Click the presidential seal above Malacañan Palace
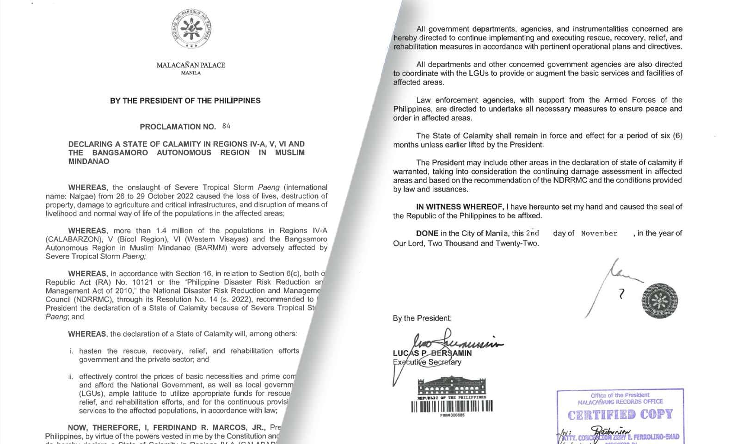(x=191, y=29)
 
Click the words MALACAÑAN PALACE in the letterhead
(x=190, y=65)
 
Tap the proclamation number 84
(x=226, y=126)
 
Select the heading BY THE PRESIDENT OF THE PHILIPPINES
(x=185, y=100)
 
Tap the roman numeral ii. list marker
(x=71, y=376)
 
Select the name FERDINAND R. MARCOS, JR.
(x=196, y=427)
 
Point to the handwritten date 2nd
(x=533, y=233)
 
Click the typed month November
(x=599, y=234)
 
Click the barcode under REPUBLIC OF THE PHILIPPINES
(x=452, y=406)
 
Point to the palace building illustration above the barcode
(x=452, y=387)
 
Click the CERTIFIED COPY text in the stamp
(x=620, y=414)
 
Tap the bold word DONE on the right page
(x=427, y=233)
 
